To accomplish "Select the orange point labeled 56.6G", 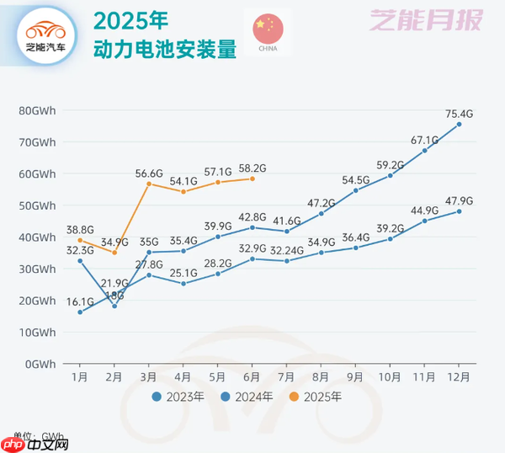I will coord(149,184).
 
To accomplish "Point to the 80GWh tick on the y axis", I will coord(38,110).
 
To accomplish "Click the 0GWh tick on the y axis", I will coord(40,364).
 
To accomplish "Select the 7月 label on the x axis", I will coord(287,376).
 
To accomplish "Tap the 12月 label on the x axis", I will coord(459,376).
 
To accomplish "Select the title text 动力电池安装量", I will coord(163,49).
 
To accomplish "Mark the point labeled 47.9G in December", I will coord(459,211).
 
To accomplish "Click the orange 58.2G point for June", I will coord(252,179).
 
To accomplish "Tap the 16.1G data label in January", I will coord(80,301).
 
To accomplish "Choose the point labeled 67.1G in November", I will coord(424,150).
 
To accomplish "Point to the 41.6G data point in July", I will coord(287,232).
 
